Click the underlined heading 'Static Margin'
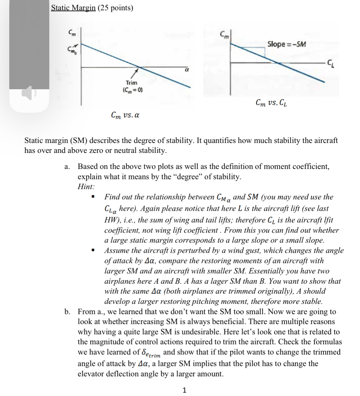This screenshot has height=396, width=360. click(73, 8)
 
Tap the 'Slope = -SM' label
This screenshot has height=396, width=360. click(286, 44)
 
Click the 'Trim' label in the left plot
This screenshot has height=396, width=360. click(131, 83)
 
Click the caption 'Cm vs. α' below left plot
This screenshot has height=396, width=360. click(125, 115)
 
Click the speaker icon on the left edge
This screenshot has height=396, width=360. click(29, 93)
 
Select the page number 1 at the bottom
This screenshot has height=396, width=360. click(184, 390)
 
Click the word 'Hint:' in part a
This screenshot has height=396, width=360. click(86, 187)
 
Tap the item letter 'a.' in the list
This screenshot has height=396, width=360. click(67, 167)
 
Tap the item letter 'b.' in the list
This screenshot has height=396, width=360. click(67, 312)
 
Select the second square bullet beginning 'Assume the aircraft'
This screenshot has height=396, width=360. click(93, 250)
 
